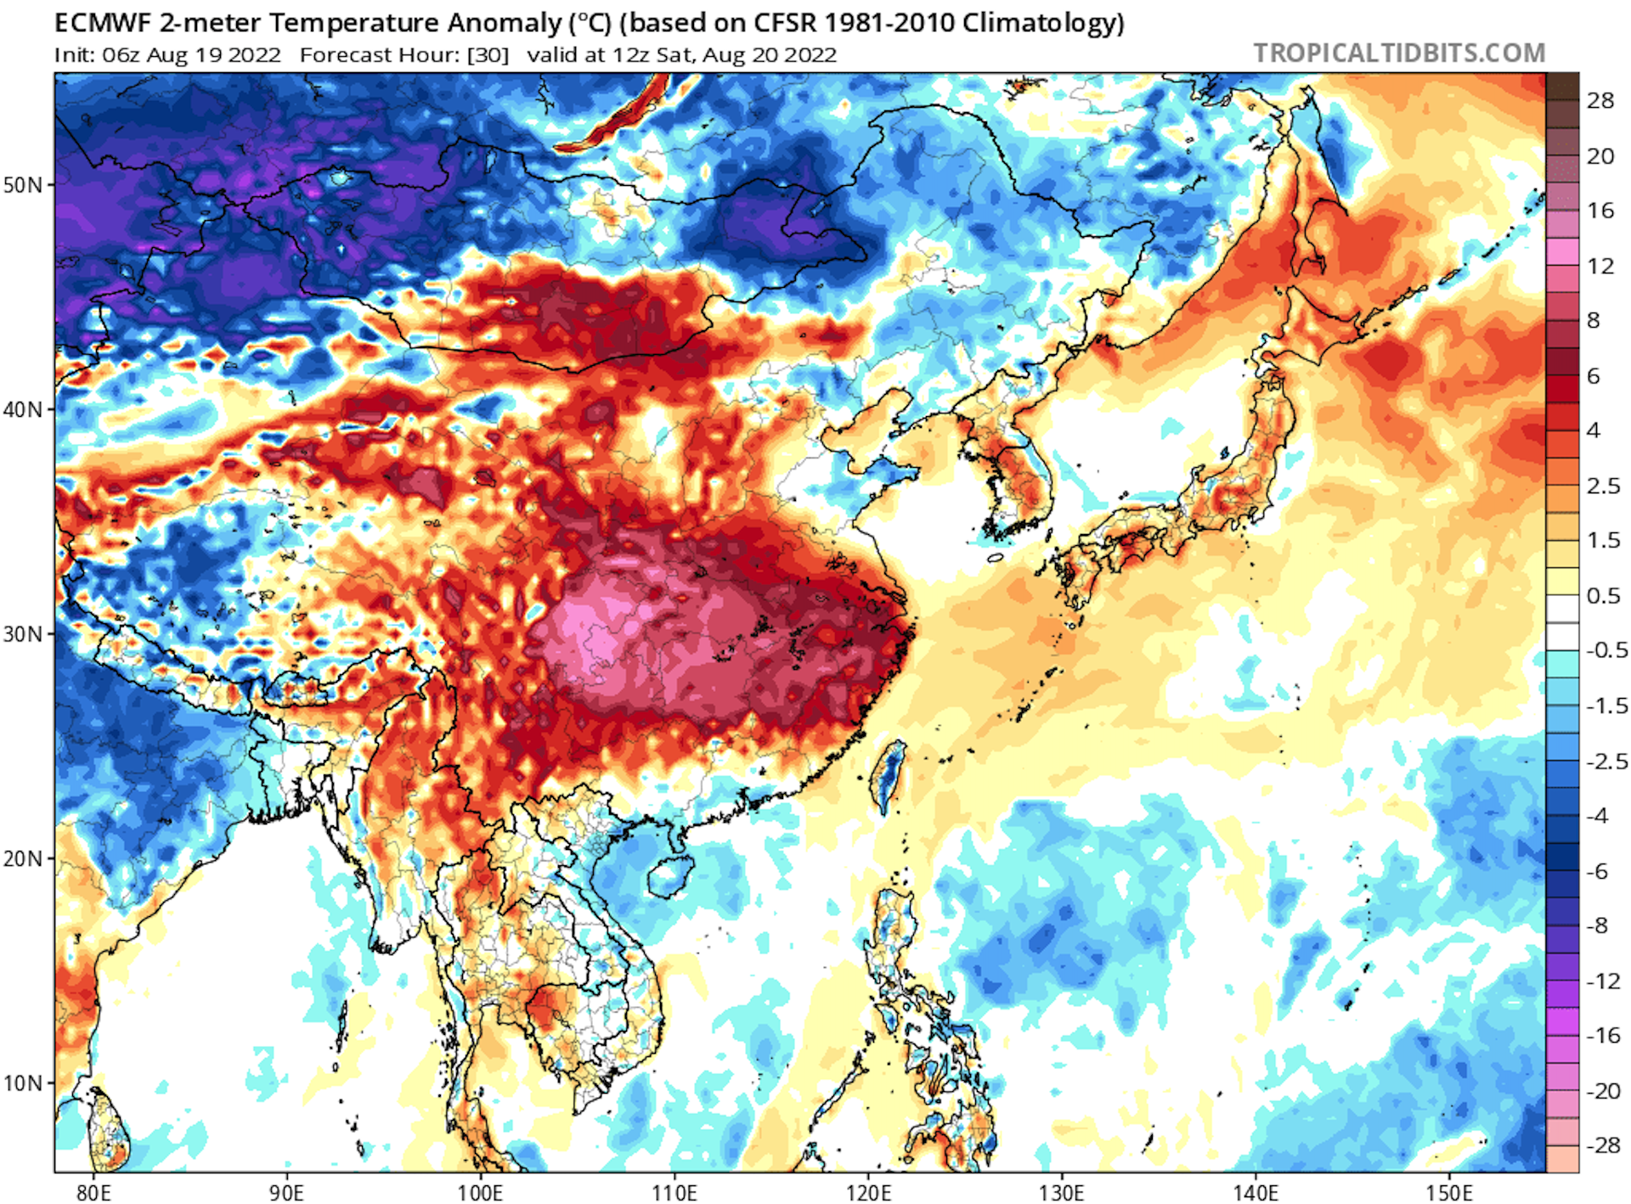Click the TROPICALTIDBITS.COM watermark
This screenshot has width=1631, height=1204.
point(1398,53)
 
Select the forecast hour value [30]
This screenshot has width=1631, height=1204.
point(488,55)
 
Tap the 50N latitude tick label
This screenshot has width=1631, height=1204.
point(23,185)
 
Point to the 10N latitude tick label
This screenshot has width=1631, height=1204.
point(23,1083)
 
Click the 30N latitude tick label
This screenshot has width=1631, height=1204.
point(23,634)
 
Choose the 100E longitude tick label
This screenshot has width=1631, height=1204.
point(480,1192)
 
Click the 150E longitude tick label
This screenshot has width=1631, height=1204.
point(1448,1192)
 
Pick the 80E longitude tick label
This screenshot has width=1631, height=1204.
point(93,1192)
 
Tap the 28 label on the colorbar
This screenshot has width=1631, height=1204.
point(1600,101)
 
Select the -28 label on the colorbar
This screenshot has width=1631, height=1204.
point(1603,1145)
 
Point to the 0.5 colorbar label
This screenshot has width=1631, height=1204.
point(1603,596)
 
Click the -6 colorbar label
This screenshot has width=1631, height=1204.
point(1600,871)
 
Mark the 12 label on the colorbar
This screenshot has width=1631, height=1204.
point(1600,267)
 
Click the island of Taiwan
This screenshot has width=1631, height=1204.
point(888,774)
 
